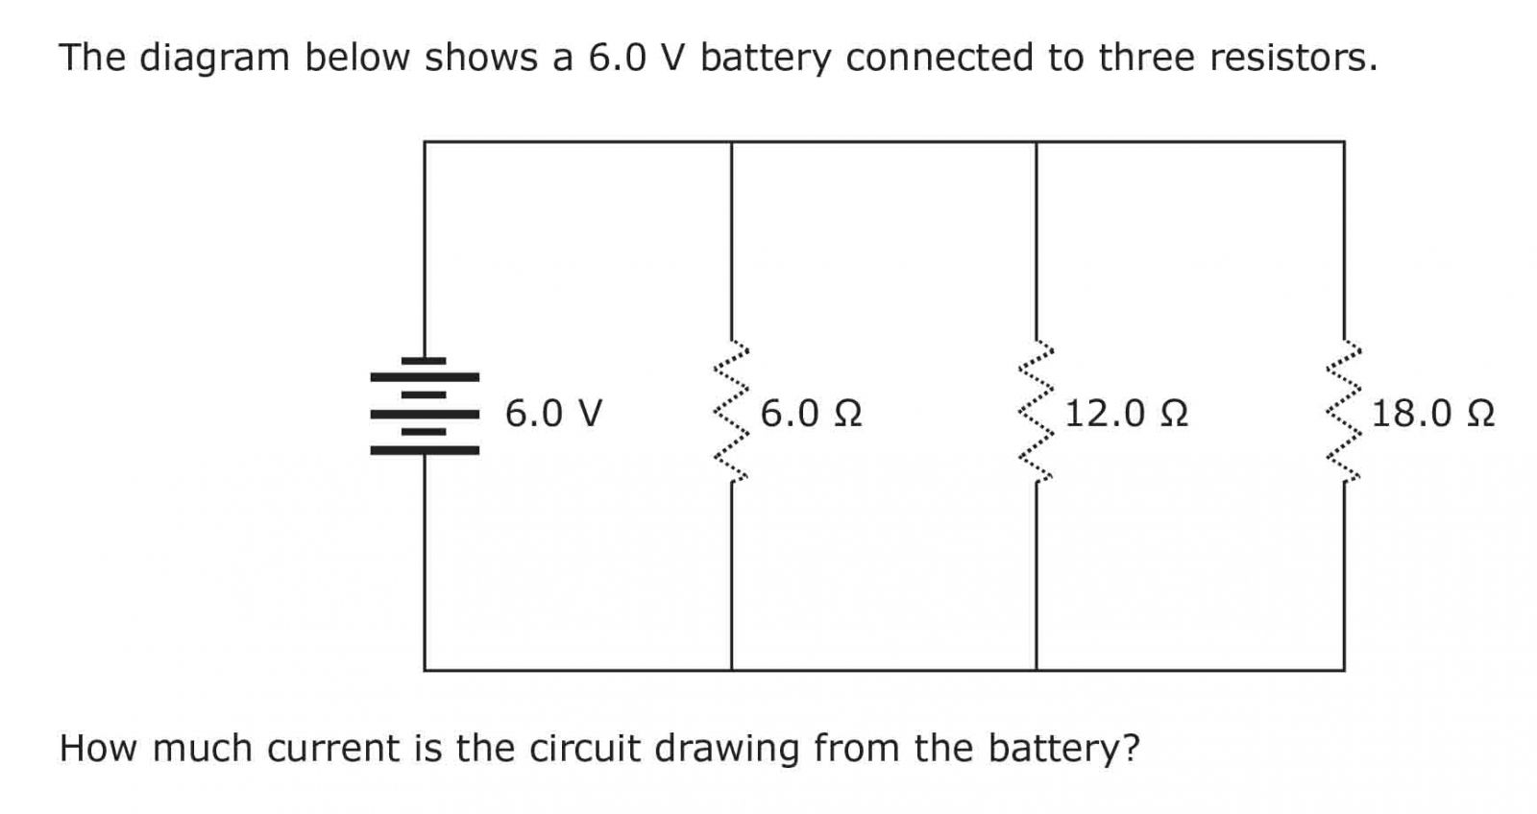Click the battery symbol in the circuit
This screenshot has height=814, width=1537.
(425, 405)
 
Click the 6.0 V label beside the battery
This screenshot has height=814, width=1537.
(553, 414)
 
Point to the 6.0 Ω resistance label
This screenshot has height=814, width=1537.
(811, 414)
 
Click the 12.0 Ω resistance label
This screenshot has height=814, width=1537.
(1126, 414)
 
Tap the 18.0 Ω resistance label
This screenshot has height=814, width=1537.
(1432, 414)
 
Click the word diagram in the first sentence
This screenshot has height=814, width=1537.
(214, 59)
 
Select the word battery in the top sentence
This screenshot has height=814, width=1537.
(765, 59)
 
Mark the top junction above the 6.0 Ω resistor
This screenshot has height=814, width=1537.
(731, 142)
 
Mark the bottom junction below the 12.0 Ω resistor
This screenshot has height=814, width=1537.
(1037, 670)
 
